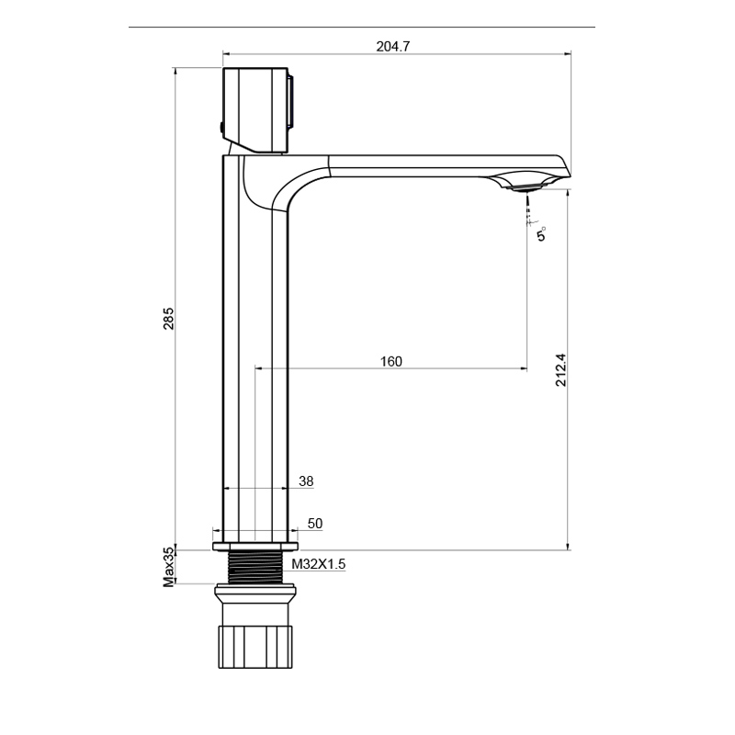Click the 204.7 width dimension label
[393, 47]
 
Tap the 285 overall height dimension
[169, 318]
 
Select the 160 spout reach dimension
[391, 361]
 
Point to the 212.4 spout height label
[560, 370]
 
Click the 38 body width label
[306, 481]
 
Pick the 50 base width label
[315, 524]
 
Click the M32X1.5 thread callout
[318, 564]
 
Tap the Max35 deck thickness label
[168, 568]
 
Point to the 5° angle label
[541, 233]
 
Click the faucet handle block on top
[255, 110]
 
